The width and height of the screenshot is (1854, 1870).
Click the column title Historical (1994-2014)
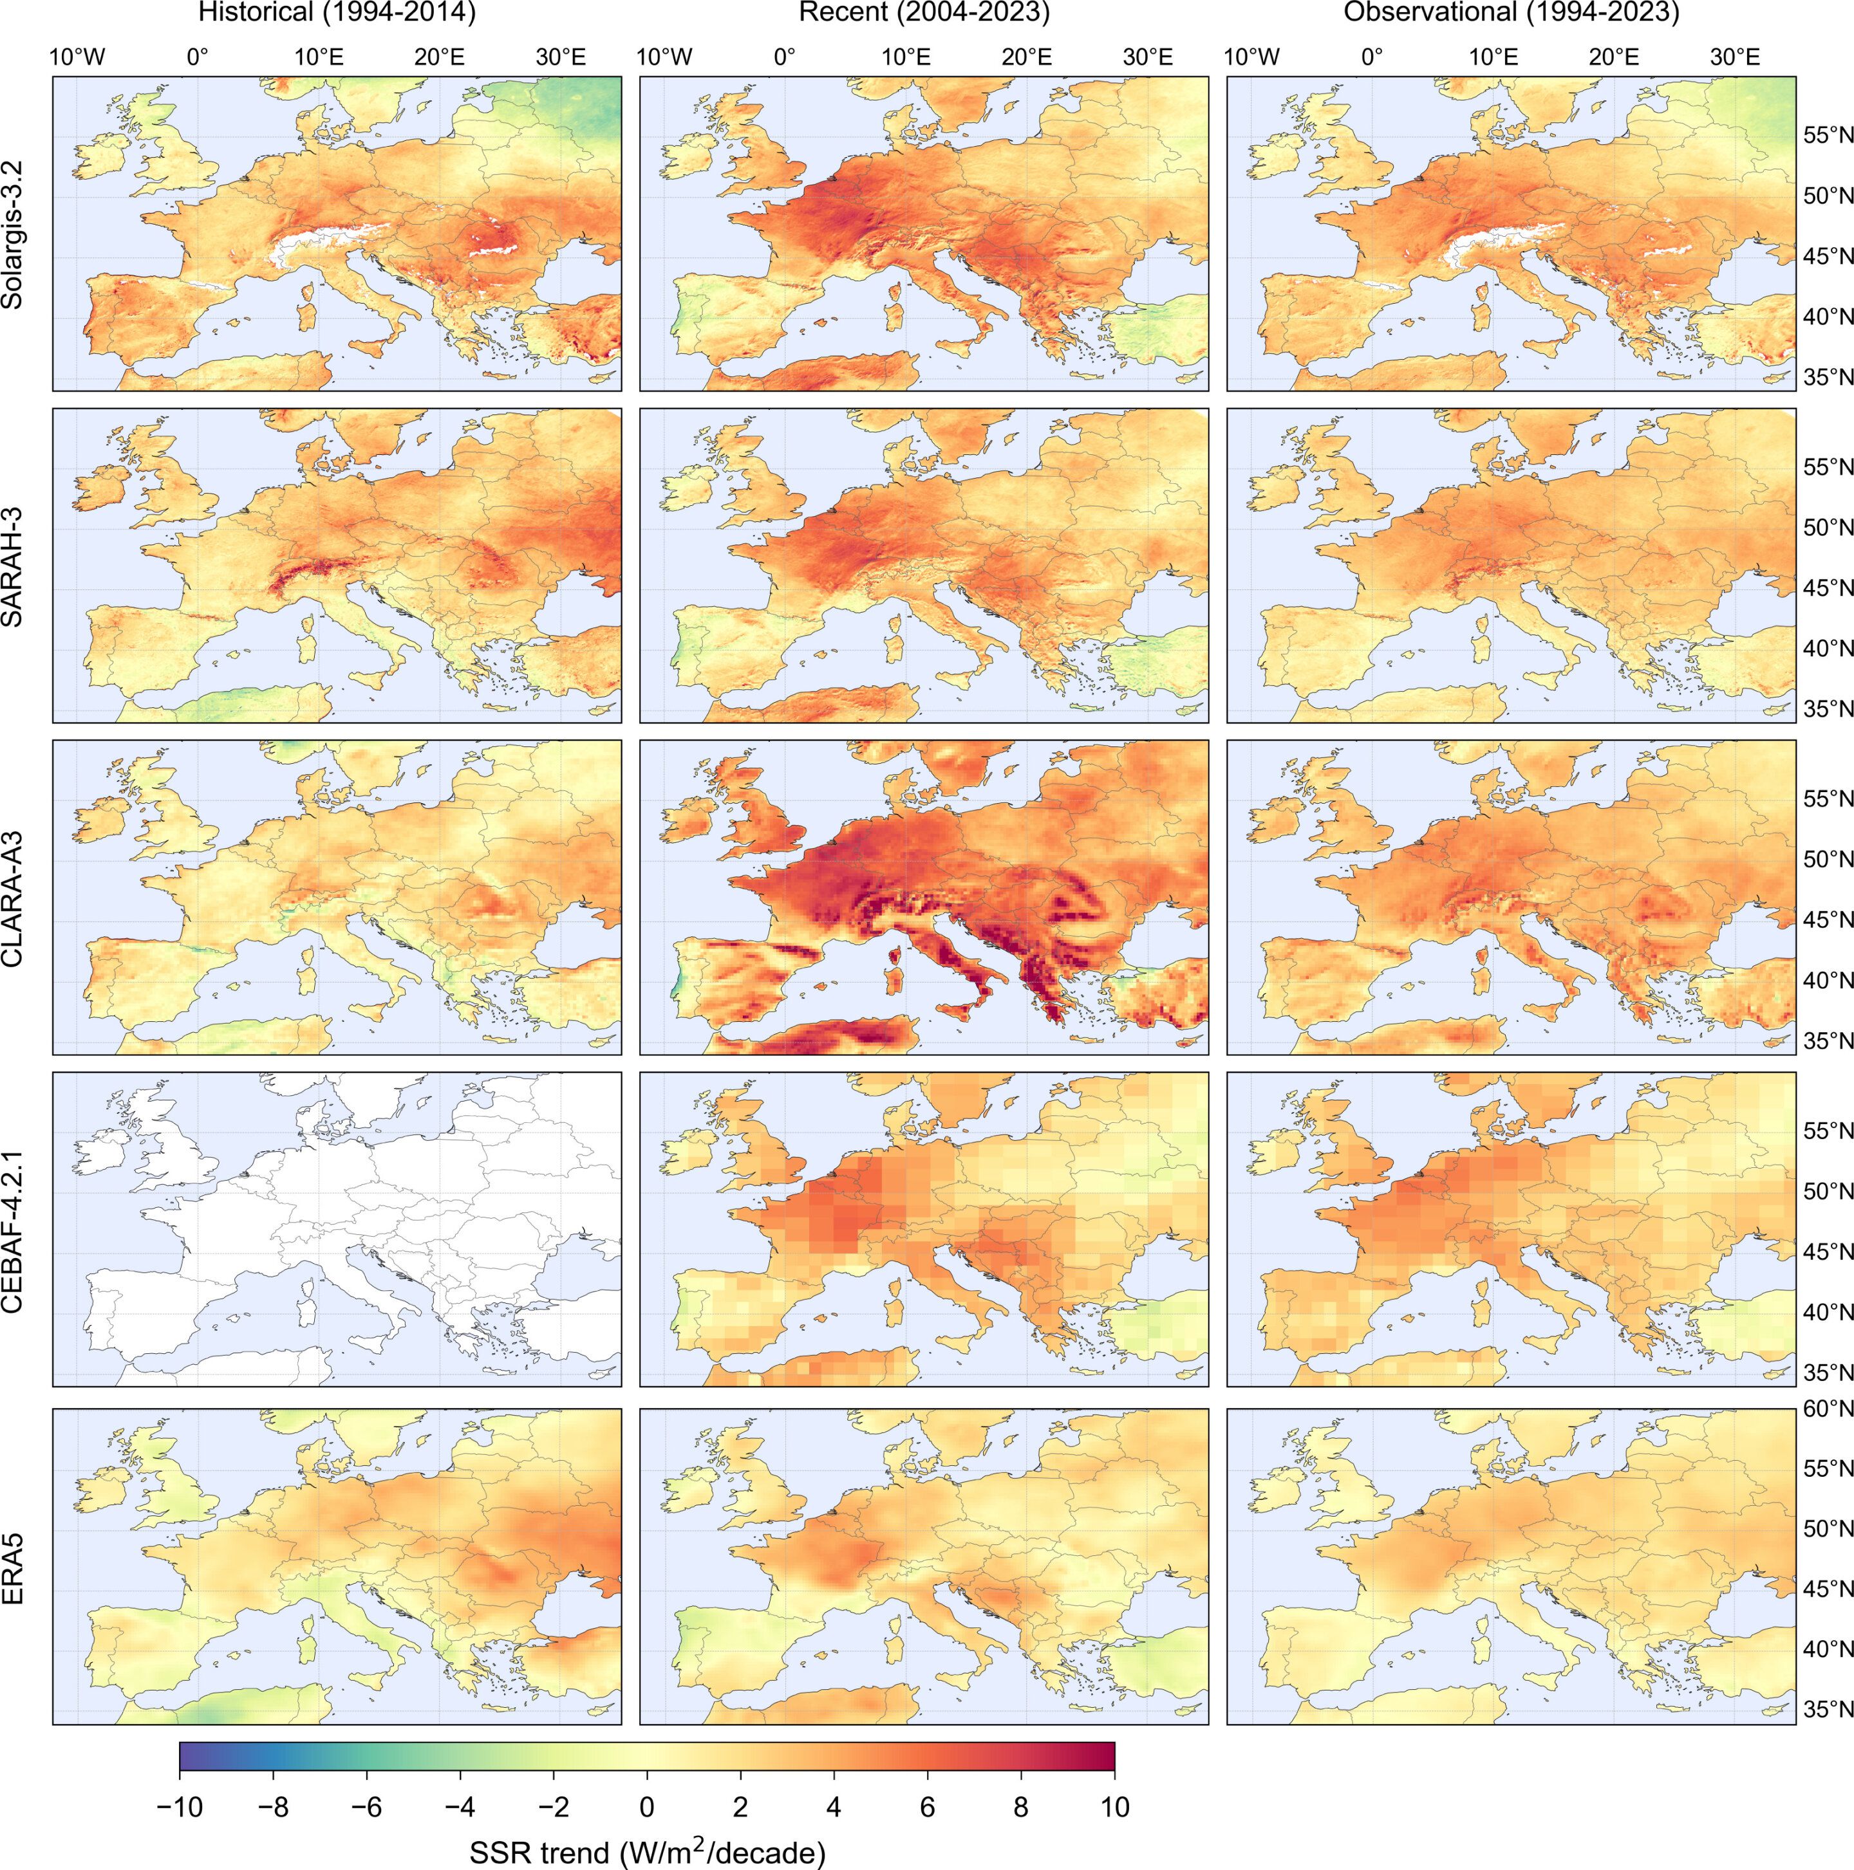(337, 14)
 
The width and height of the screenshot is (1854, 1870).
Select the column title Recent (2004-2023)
(924, 14)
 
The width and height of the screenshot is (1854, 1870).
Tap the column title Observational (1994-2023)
(1512, 14)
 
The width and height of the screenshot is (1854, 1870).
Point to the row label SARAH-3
(14, 565)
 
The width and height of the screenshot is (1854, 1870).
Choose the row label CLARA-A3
(14, 897)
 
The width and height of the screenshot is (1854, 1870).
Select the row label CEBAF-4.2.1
(14, 1228)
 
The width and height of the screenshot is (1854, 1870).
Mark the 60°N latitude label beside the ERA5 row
(1828, 1409)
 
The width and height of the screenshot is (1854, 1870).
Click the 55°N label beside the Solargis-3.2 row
(1828, 136)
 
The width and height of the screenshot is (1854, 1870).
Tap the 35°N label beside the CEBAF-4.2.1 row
(1828, 1373)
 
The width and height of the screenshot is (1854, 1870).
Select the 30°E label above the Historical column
(561, 57)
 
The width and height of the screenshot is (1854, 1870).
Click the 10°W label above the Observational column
(1252, 57)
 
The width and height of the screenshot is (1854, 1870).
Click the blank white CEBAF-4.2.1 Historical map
(337, 1228)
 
